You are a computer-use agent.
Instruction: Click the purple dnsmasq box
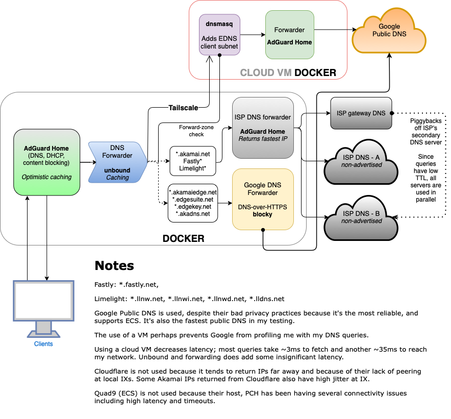pyautogui.click(x=219, y=35)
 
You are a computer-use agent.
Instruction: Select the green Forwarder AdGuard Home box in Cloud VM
pyautogui.click(x=289, y=35)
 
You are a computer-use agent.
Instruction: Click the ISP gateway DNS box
pyautogui.click(x=361, y=113)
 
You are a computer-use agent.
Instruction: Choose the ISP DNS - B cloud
pyautogui.click(x=361, y=217)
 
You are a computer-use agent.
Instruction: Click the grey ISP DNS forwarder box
pyautogui.click(x=263, y=128)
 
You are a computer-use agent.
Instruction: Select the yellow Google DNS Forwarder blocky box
pyautogui.click(x=263, y=199)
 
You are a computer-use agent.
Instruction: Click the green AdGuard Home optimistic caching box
pyautogui.click(x=46, y=162)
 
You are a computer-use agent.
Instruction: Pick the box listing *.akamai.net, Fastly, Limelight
pyautogui.click(x=193, y=161)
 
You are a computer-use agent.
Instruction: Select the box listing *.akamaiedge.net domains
pyautogui.click(x=193, y=203)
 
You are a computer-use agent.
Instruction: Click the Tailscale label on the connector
pyautogui.click(x=183, y=107)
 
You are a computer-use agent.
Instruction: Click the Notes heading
pyautogui.click(x=114, y=265)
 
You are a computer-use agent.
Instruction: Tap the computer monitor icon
pyautogui.click(x=43, y=306)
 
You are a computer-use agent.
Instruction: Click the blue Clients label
pyautogui.click(x=43, y=344)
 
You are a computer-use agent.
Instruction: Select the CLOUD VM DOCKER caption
pyautogui.click(x=288, y=72)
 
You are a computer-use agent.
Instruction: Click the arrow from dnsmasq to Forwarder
pyautogui.click(x=252, y=35)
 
